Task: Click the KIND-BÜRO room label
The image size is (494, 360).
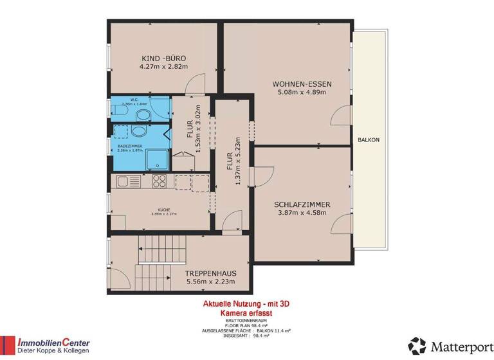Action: pos(163,57)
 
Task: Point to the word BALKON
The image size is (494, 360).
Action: pos(369,139)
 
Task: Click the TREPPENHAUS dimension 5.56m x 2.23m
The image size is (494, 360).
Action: pos(210,282)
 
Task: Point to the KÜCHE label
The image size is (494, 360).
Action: pos(163,209)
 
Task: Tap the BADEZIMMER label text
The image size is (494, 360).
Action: pos(129,146)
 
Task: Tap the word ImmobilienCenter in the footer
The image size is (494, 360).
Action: pos(53,343)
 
